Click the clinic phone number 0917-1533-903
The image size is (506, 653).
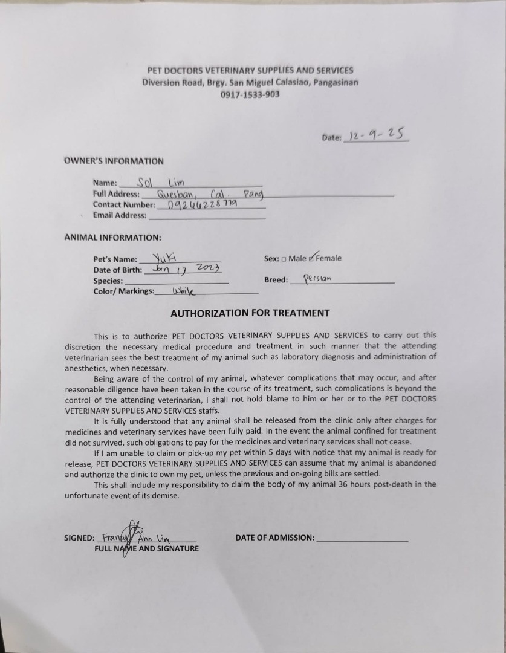250,94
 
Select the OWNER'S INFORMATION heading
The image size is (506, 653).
114,161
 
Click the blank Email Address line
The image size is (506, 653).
207,216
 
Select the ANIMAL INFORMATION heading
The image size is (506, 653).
112,238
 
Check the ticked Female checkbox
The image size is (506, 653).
311,259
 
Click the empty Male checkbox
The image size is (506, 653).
284,259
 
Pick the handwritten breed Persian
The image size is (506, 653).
317,280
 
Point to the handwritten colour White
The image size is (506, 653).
184,291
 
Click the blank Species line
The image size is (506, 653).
176,282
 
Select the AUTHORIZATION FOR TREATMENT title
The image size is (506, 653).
250,313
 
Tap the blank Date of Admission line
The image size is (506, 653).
362,538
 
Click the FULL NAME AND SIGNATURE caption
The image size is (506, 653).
146,548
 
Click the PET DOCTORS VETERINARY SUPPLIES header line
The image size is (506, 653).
250,70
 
